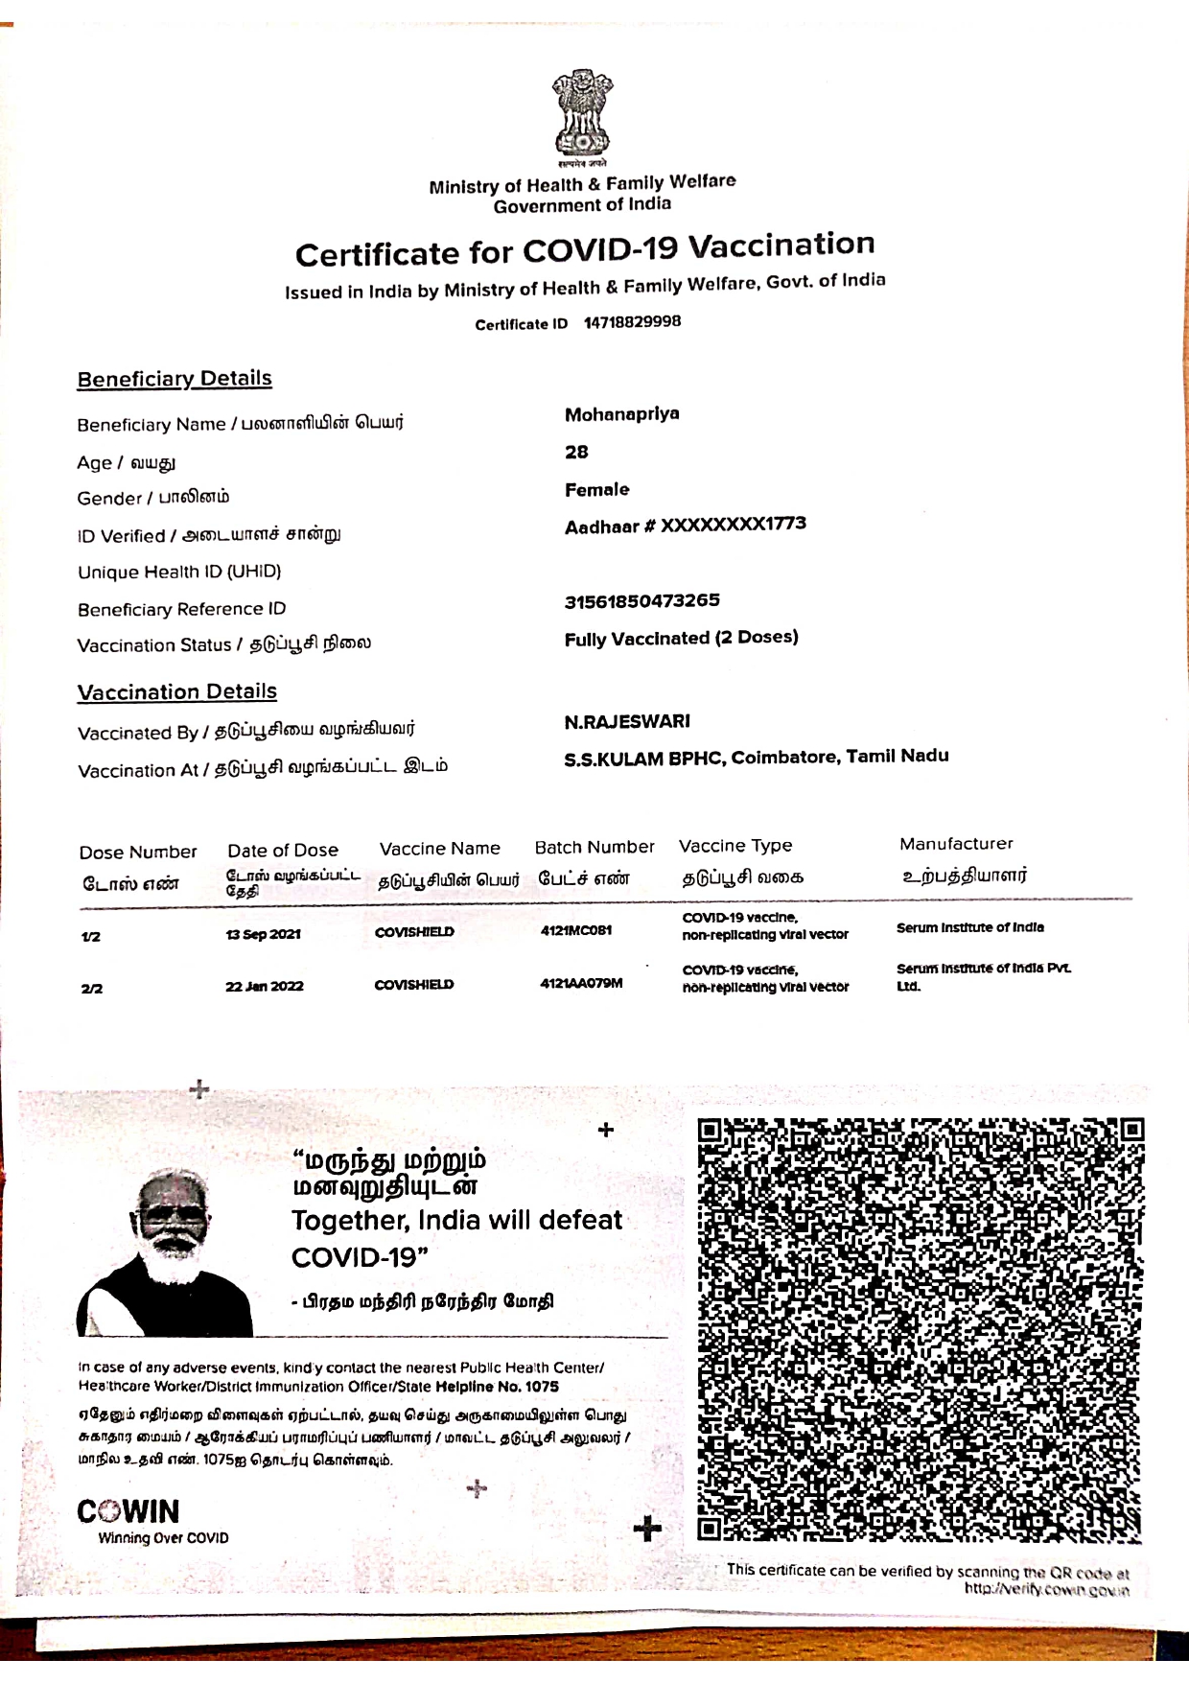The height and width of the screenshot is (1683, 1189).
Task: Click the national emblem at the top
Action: (x=581, y=115)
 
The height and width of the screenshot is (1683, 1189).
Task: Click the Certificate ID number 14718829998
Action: (x=632, y=322)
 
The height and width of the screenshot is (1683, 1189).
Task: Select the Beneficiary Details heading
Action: (x=175, y=379)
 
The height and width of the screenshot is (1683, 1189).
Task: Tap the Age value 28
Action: (x=576, y=452)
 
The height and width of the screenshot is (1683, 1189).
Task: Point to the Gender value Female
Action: (x=596, y=490)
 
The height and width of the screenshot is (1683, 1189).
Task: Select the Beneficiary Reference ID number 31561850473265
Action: (x=641, y=601)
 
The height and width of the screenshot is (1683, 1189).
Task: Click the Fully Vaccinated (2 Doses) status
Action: (x=681, y=639)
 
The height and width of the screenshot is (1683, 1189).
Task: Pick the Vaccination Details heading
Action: (x=177, y=691)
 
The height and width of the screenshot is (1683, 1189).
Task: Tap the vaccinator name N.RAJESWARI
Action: (x=627, y=721)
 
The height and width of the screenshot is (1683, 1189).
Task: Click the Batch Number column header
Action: (x=594, y=848)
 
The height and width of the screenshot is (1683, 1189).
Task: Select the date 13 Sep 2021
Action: (x=263, y=934)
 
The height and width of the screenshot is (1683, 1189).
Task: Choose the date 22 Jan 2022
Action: (x=265, y=986)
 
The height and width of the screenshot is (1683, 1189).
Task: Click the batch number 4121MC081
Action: (x=576, y=930)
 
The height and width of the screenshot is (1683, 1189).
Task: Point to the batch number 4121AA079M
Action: (x=581, y=983)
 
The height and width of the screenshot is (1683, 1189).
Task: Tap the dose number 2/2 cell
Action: (x=92, y=988)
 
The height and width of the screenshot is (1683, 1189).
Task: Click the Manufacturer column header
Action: (x=956, y=844)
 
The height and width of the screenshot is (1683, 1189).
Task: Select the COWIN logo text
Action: (x=128, y=1511)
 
